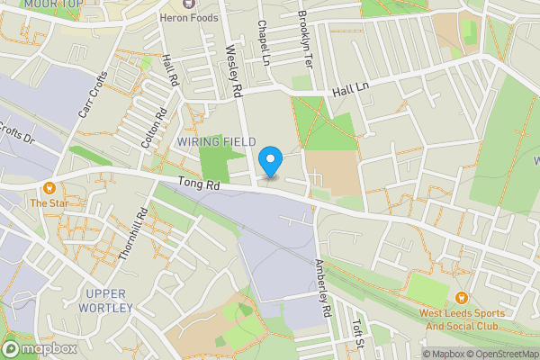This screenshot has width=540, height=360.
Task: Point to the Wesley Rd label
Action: pyautogui.click(x=234, y=72)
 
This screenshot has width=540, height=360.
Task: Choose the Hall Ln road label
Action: pyautogui.click(x=351, y=90)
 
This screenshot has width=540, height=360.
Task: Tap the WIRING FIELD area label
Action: pyautogui.click(x=216, y=142)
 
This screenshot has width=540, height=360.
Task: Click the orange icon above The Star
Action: pyautogui.click(x=49, y=188)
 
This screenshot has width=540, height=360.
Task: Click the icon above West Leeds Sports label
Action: pyautogui.click(x=461, y=298)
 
